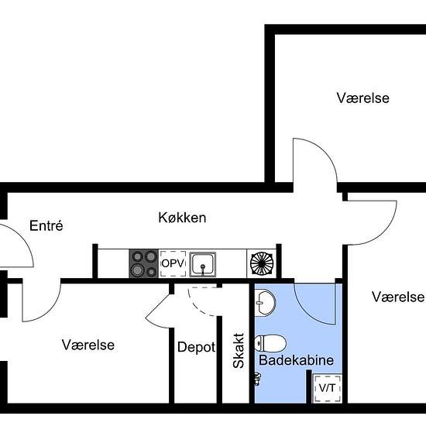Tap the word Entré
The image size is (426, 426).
coord(46,226)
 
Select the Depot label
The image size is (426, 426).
coord(196,347)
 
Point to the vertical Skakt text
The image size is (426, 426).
coord(239,350)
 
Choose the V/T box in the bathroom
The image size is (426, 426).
coord(325,389)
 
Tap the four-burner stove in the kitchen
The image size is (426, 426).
coord(143,263)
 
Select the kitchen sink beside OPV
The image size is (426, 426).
coord(203,264)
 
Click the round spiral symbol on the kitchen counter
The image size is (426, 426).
coord(262,263)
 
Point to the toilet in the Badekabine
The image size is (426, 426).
coord(271,342)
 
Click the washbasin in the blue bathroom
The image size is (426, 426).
coord(266,301)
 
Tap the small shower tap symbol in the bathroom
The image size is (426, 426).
coord(257,379)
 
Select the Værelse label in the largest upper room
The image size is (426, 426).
coord(362,98)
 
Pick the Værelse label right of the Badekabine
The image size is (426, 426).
coord(397,297)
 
